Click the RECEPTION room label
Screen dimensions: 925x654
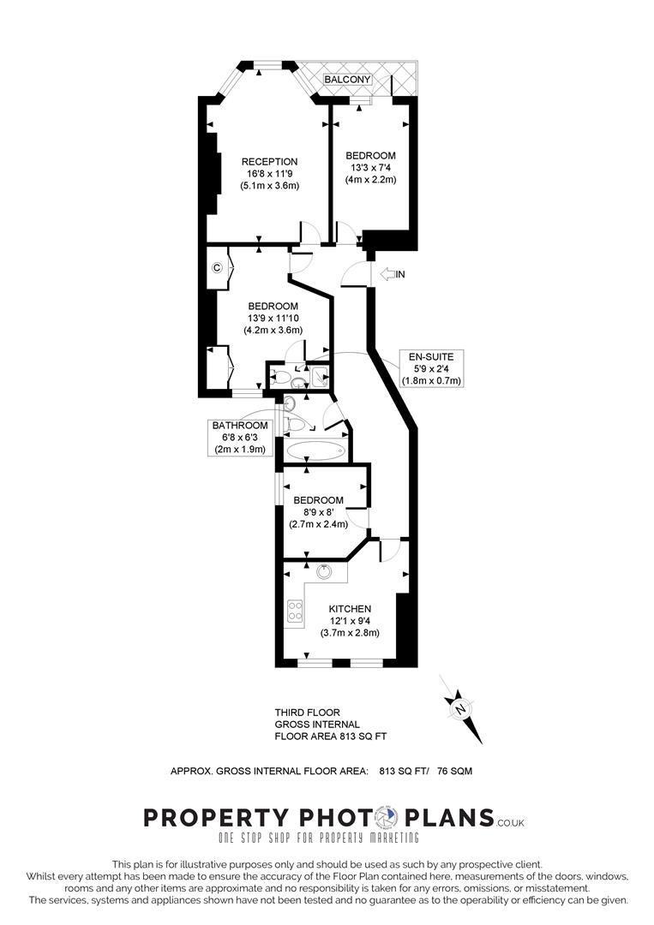[269, 162]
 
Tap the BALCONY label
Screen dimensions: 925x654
[347, 80]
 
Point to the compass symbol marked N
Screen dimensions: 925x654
[461, 708]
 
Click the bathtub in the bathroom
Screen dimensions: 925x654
[315, 451]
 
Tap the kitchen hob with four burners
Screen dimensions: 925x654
[295, 610]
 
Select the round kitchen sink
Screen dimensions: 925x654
[326, 571]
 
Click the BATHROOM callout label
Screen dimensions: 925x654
[240, 425]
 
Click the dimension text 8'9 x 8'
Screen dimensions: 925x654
[319, 513]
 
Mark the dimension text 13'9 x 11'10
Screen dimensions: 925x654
[273, 318]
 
